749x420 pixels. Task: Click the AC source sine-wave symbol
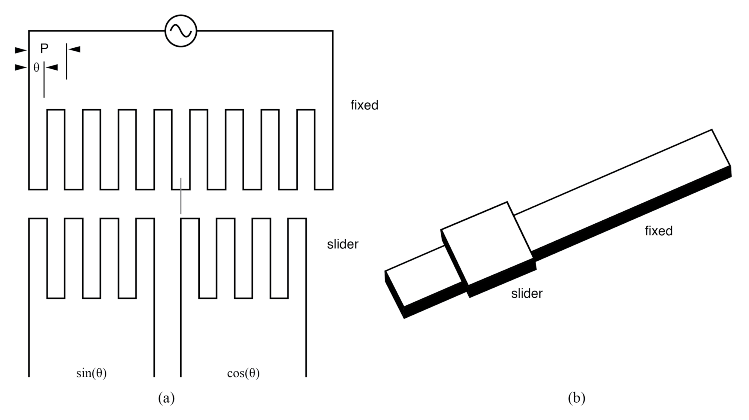(x=181, y=31)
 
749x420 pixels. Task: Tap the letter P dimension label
(x=44, y=48)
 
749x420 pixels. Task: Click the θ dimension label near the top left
(x=36, y=67)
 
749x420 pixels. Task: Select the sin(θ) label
(x=91, y=373)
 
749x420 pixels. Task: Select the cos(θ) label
(x=243, y=373)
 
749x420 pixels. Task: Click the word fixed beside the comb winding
(x=364, y=105)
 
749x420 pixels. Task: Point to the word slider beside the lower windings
(x=342, y=244)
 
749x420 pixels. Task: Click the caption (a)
(x=166, y=398)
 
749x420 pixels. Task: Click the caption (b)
(x=576, y=398)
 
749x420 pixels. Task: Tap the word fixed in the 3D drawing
(x=658, y=231)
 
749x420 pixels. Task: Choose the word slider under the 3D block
(x=526, y=293)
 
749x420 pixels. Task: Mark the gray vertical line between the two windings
(x=181, y=196)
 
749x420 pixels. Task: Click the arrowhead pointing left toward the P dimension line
(x=74, y=49)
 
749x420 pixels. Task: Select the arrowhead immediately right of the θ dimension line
(x=52, y=67)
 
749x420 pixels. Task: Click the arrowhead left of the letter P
(x=21, y=50)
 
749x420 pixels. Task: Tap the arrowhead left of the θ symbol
(x=21, y=67)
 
